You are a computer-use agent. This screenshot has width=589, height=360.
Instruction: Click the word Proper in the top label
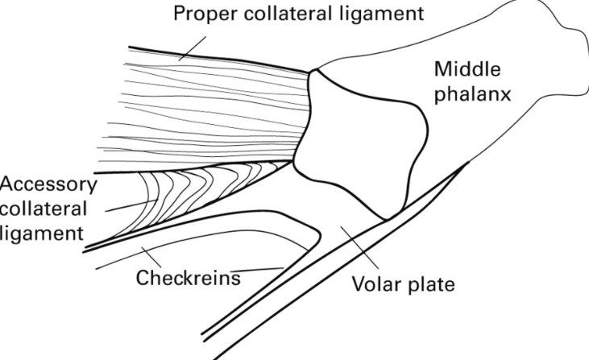(205, 14)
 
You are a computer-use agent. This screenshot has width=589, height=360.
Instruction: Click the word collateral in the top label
(288, 14)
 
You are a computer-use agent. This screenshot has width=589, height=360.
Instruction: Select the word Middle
(467, 69)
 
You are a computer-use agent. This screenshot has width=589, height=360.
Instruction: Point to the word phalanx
(472, 94)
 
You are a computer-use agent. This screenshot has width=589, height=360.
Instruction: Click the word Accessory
(48, 186)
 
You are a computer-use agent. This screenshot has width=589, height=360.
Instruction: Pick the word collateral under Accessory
(44, 209)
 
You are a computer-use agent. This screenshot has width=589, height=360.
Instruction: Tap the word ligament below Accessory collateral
(41, 234)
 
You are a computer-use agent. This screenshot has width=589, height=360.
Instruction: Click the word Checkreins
(189, 278)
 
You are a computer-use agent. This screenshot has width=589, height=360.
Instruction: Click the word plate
(432, 284)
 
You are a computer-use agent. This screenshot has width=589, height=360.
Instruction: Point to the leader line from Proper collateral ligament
(192, 48)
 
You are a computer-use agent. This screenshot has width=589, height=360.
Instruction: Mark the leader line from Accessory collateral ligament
(131, 205)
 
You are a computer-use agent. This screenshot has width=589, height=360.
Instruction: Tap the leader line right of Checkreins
(257, 269)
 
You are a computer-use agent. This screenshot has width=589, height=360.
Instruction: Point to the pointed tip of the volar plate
(468, 162)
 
